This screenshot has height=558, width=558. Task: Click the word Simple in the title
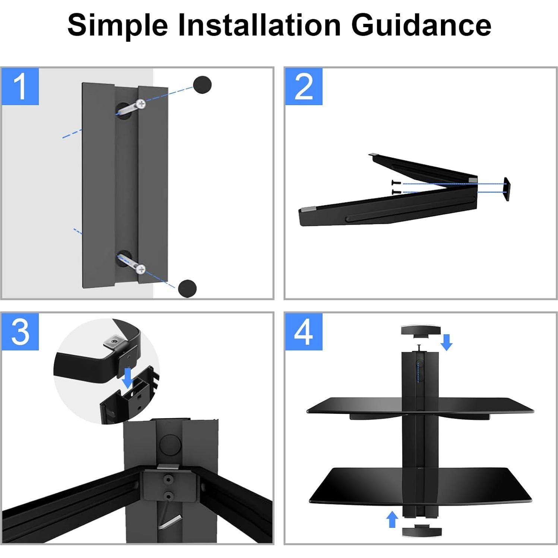point(117,25)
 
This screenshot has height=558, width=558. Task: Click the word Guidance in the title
point(421,25)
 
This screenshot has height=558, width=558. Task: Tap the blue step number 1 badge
point(20,86)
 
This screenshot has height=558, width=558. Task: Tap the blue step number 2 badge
point(304,86)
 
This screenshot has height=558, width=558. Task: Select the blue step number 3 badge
point(20,332)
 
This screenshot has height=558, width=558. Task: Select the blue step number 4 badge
point(304,332)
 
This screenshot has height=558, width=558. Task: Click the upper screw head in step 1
point(141,103)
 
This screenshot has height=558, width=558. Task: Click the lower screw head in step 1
point(141,268)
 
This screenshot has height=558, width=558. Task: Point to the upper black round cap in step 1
point(202,85)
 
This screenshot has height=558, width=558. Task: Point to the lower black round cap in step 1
point(187,288)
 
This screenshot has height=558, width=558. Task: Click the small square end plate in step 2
point(506,189)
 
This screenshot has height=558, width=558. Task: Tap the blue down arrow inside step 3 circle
point(128,377)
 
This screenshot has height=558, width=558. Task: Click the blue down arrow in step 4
point(447,342)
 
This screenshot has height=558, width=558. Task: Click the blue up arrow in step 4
point(392,519)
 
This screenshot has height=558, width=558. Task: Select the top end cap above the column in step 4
point(420,331)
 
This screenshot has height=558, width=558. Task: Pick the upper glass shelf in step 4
point(420,406)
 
